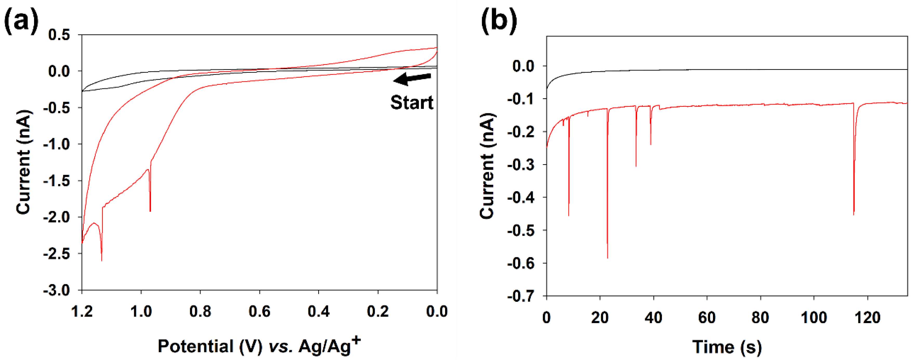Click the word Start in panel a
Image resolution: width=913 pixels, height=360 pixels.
point(412,103)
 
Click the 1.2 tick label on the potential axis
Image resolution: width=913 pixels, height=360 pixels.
point(82,311)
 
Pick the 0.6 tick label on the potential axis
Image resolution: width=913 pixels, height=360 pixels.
point(260,311)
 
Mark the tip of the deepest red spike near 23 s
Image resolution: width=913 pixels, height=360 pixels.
point(607,258)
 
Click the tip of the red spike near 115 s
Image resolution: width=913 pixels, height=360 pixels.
point(854,214)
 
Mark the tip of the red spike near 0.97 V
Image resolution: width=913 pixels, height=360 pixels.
point(150,211)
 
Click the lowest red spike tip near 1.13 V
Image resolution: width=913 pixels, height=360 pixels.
point(102,261)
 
